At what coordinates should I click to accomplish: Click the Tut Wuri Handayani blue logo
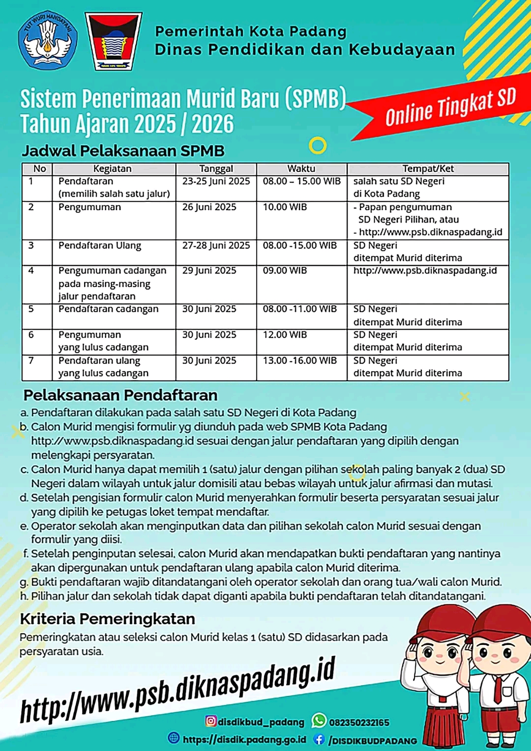point(48,40)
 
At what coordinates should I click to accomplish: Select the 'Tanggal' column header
point(216,169)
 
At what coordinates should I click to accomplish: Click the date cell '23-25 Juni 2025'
point(216,181)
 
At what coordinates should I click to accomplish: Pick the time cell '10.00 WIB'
point(285,207)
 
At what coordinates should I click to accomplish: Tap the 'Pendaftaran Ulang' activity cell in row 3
point(100,246)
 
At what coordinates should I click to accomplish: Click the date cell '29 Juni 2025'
point(209,271)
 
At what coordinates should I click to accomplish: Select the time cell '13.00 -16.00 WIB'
point(300,361)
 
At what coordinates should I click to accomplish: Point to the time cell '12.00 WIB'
point(285,335)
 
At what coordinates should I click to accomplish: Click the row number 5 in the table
point(31,309)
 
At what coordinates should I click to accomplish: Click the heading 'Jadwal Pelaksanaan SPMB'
point(123,151)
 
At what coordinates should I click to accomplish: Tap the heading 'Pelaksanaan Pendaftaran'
point(120,395)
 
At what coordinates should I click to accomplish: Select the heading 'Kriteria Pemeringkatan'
point(107,619)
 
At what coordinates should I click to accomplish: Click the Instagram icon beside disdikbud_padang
point(211,721)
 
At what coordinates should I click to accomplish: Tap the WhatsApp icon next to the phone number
point(319,721)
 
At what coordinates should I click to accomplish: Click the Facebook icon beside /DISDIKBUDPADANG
point(319,739)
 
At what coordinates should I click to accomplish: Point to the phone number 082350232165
point(359,723)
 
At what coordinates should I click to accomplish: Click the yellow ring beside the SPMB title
point(318,145)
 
